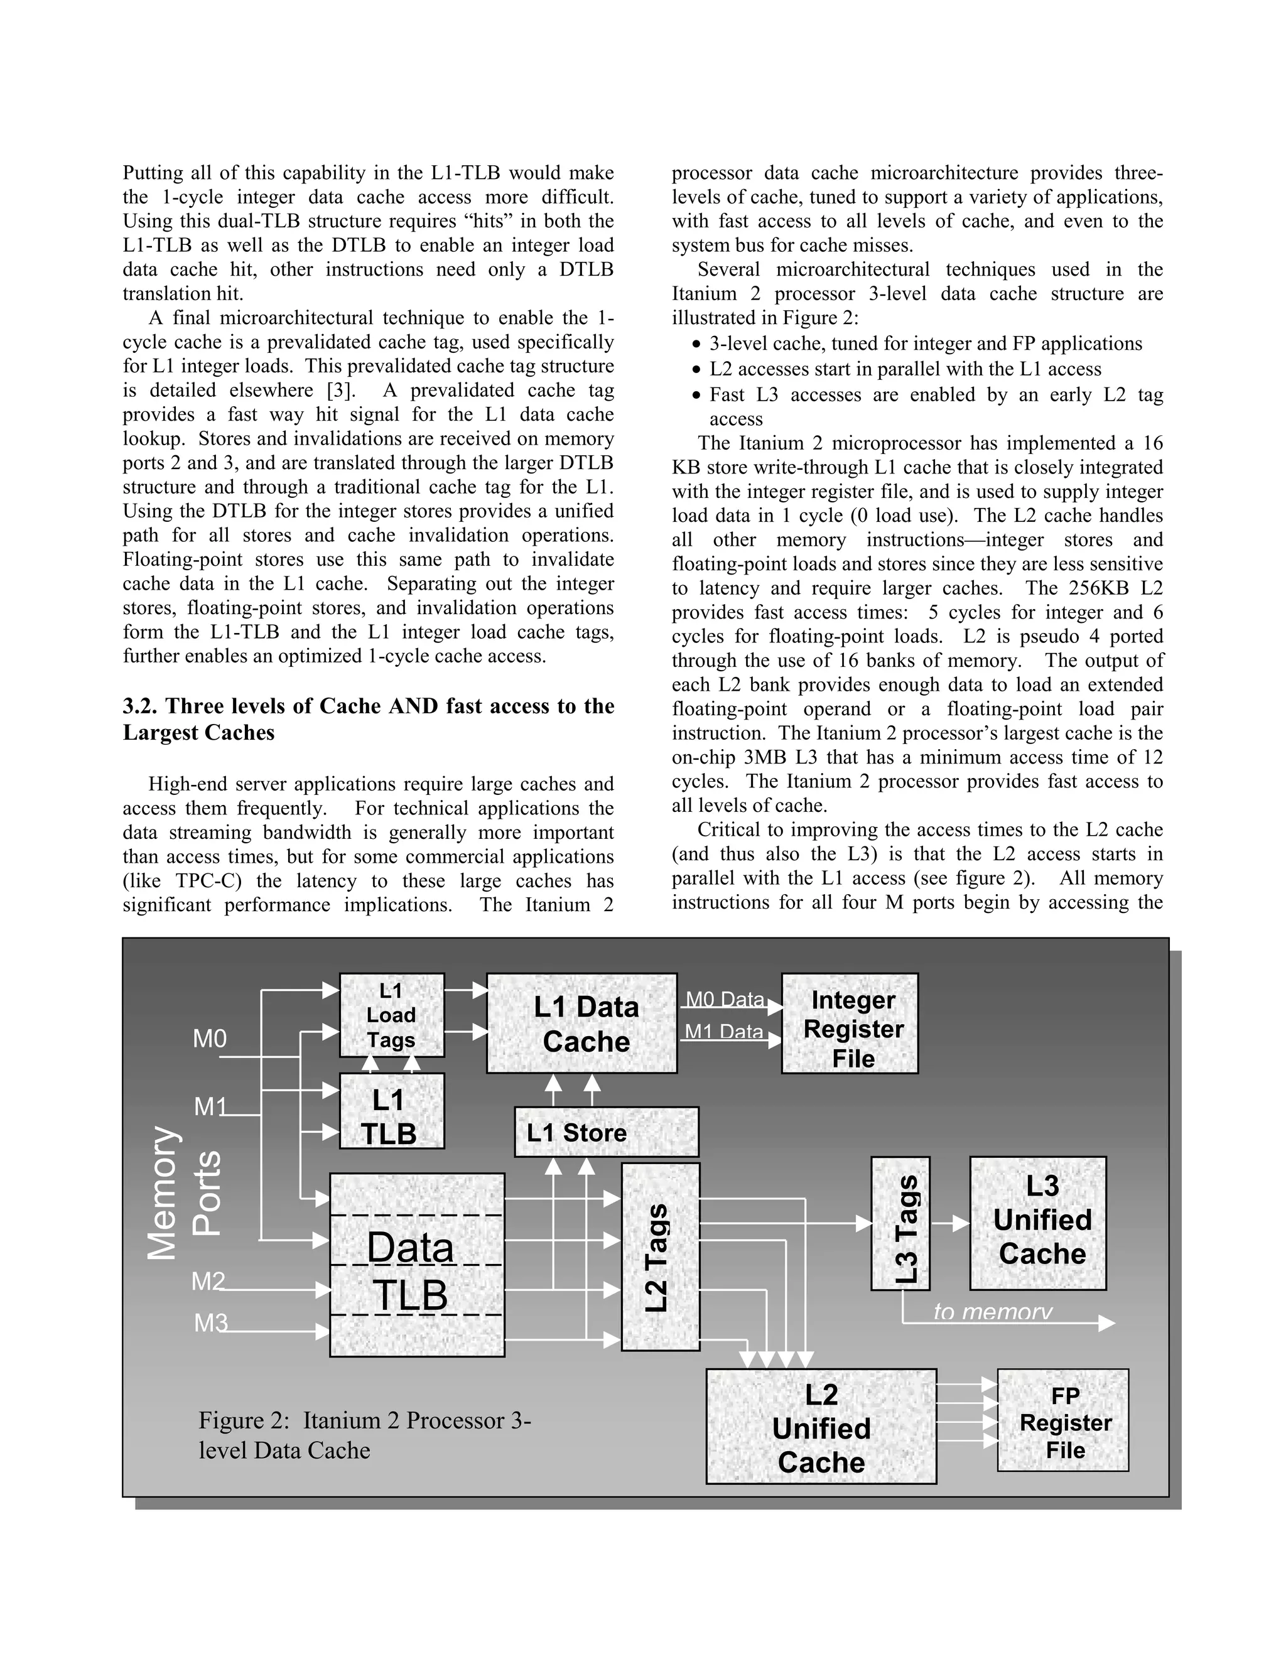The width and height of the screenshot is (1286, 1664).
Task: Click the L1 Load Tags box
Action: tap(392, 1015)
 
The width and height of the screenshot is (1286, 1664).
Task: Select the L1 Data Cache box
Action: tap(582, 1024)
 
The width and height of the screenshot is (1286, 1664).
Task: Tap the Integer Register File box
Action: tap(850, 1024)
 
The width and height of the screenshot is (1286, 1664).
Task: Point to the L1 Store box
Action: tap(607, 1132)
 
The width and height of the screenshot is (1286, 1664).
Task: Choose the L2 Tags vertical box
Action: tap(660, 1256)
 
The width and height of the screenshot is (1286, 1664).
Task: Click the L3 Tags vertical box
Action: tap(900, 1223)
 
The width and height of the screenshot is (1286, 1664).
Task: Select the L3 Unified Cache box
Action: tap(1037, 1223)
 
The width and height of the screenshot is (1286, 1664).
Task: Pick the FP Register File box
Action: tap(1063, 1420)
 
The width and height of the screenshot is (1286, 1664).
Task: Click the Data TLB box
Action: tap(417, 1265)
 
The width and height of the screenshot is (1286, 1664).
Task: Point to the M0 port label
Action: tap(210, 1039)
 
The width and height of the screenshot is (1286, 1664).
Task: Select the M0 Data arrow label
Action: tap(725, 999)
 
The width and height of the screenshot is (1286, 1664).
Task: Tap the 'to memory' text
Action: tap(993, 1312)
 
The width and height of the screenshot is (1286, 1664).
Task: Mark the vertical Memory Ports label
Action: tap(183, 1192)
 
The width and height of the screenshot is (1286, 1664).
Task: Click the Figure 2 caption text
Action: tap(364, 1435)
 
